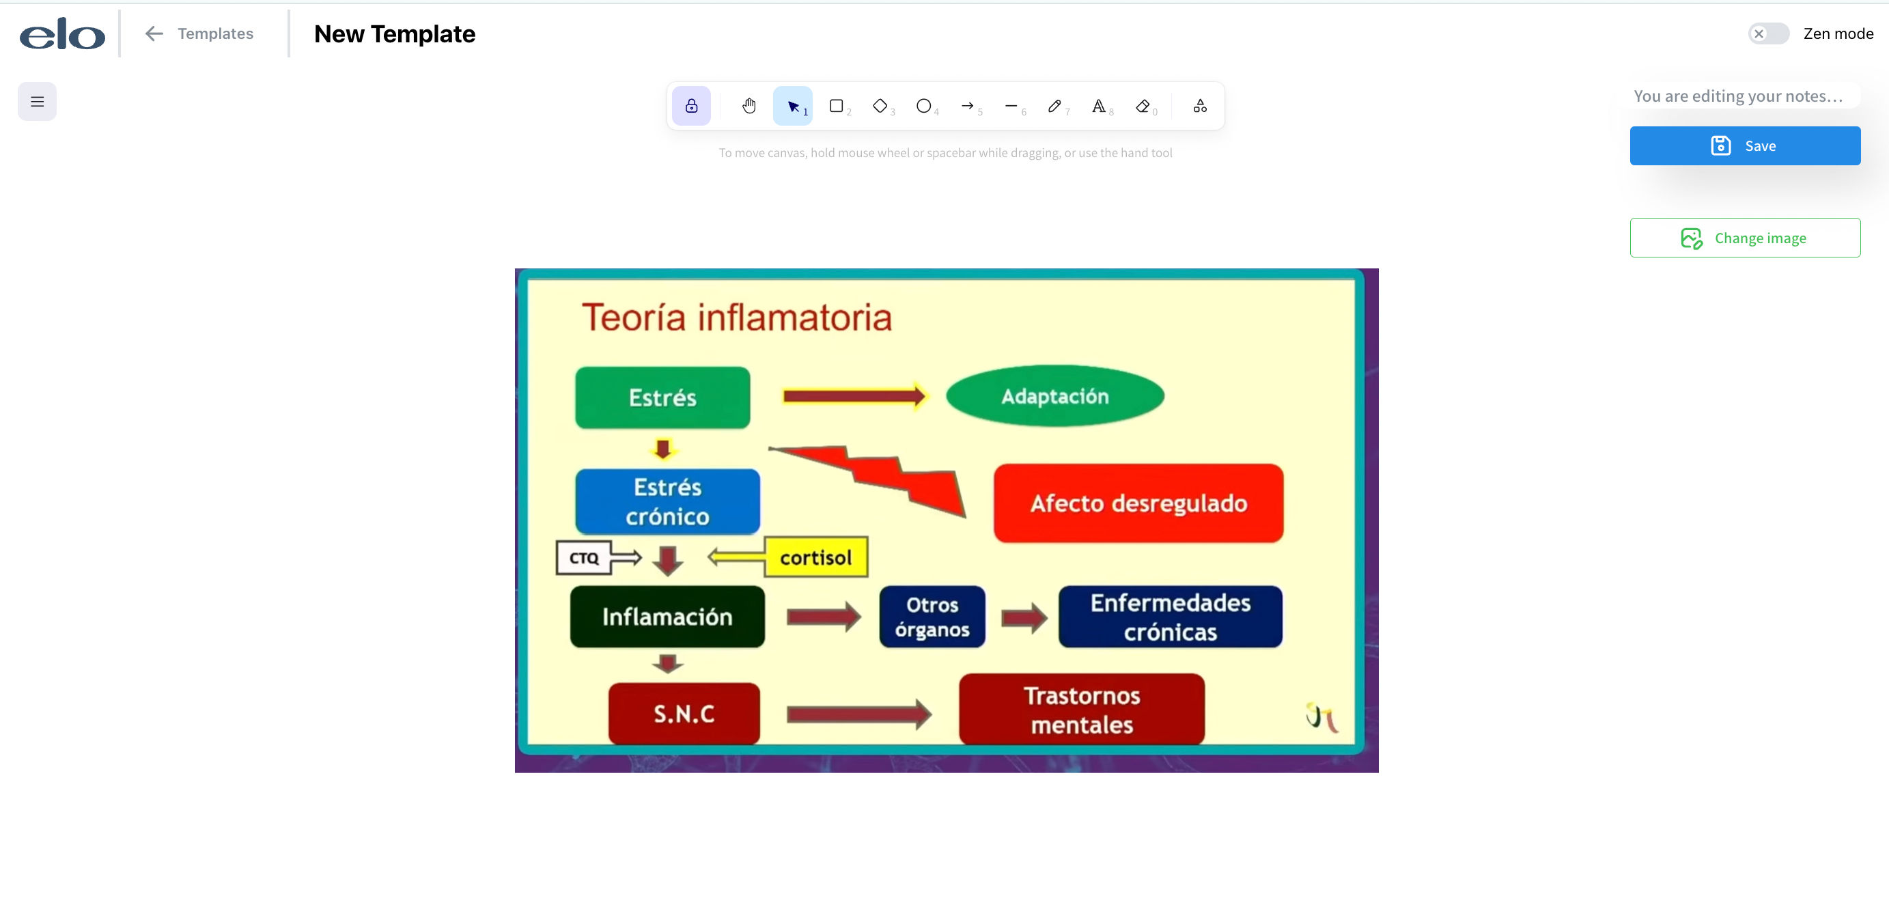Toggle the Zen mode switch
click(1768, 33)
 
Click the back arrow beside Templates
click(153, 33)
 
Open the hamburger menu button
click(38, 101)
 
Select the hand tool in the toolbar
click(748, 107)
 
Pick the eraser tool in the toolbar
click(1143, 107)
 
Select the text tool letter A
click(1098, 107)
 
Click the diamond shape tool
click(880, 107)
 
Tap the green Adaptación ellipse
click(1054, 396)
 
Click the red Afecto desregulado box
click(1138, 503)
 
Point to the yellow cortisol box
click(816, 557)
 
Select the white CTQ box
click(584, 558)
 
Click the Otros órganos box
click(932, 617)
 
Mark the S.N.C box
click(684, 714)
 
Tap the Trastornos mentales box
click(1082, 710)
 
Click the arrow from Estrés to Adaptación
click(854, 397)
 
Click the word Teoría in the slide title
click(634, 318)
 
